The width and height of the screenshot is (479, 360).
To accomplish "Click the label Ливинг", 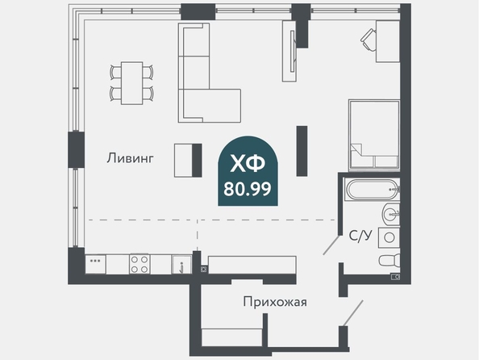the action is [130, 158].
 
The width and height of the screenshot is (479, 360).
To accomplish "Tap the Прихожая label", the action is [275, 302].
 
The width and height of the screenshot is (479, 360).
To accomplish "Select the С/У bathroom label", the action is [360, 236].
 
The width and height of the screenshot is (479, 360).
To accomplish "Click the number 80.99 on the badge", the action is [248, 189].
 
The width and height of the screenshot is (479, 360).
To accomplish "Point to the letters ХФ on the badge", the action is [248, 163].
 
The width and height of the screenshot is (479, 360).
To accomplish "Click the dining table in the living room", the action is [132, 83].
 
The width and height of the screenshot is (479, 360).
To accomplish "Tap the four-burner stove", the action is [140, 264].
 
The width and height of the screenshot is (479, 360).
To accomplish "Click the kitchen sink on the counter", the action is [181, 265].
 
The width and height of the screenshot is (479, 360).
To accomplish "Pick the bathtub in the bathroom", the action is [372, 190].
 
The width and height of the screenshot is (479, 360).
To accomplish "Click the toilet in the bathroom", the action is [389, 260].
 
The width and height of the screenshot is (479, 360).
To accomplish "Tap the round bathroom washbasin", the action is [391, 214].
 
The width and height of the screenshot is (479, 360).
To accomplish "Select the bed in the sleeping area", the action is [374, 135].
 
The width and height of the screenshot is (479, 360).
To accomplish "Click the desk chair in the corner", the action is [369, 40].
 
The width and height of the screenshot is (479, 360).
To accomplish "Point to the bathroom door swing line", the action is [331, 245].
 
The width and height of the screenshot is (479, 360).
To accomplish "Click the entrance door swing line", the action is [353, 313].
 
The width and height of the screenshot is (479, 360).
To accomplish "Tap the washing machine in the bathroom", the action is [389, 237].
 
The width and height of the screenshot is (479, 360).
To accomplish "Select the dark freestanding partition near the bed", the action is [302, 151].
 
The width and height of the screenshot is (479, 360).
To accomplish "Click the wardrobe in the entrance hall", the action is [232, 337].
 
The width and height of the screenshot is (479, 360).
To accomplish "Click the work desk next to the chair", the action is [388, 41].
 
